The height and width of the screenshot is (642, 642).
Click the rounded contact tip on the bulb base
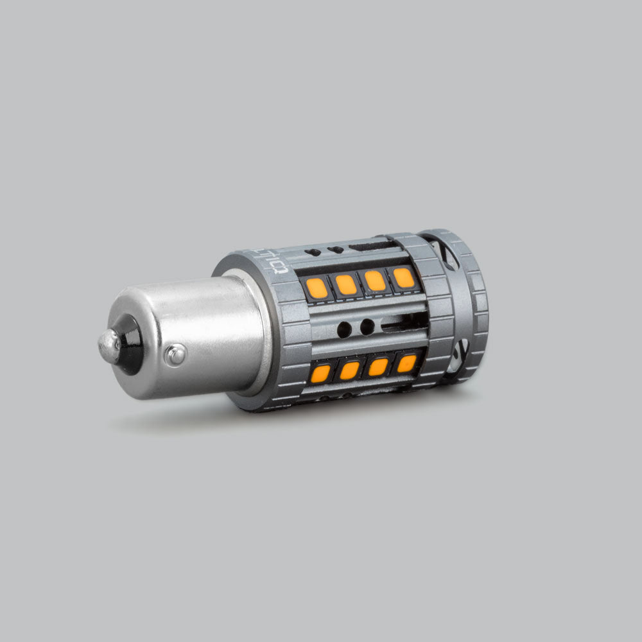[108, 346]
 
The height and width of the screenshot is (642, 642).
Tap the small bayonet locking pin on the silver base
[175, 354]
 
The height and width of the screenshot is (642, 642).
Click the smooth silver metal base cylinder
[193, 334]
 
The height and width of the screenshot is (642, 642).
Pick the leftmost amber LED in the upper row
[317, 288]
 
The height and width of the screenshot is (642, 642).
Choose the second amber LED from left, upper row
[346, 284]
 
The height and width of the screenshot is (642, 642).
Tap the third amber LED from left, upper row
[375, 281]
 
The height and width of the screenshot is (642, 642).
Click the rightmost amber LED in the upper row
[403, 277]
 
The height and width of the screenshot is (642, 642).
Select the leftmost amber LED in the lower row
[320, 373]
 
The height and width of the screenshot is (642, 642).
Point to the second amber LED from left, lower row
[350, 370]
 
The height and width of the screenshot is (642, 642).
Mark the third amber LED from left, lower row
[378, 367]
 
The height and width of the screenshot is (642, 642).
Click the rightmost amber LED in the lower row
[406, 363]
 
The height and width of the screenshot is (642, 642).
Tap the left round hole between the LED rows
[344, 330]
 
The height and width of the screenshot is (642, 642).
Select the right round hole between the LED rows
[367, 327]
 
